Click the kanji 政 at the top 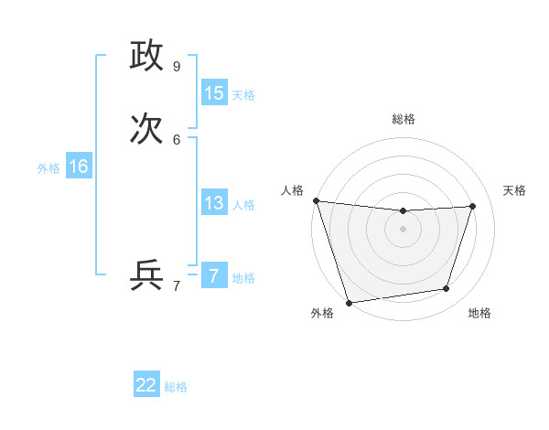point(146,56)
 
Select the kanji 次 point(146,129)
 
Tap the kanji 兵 point(146,275)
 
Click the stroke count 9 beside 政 point(177,66)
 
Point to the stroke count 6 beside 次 point(177,139)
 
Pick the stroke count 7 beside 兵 point(177,285)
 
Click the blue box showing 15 point(214,93)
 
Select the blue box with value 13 point(214,203)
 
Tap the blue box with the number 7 point(214,276)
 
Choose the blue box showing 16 point(79,167)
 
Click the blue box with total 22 point(146,385)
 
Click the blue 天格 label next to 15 point(243,95)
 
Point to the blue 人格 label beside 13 point(243,205)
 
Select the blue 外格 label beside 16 point(48,168)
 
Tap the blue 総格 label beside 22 point(176,387)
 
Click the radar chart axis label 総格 point(404,119)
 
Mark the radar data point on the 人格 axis point(316,200)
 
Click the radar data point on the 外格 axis point(349,302)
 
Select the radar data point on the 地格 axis point(447,289)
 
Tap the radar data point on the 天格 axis point(473,206)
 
